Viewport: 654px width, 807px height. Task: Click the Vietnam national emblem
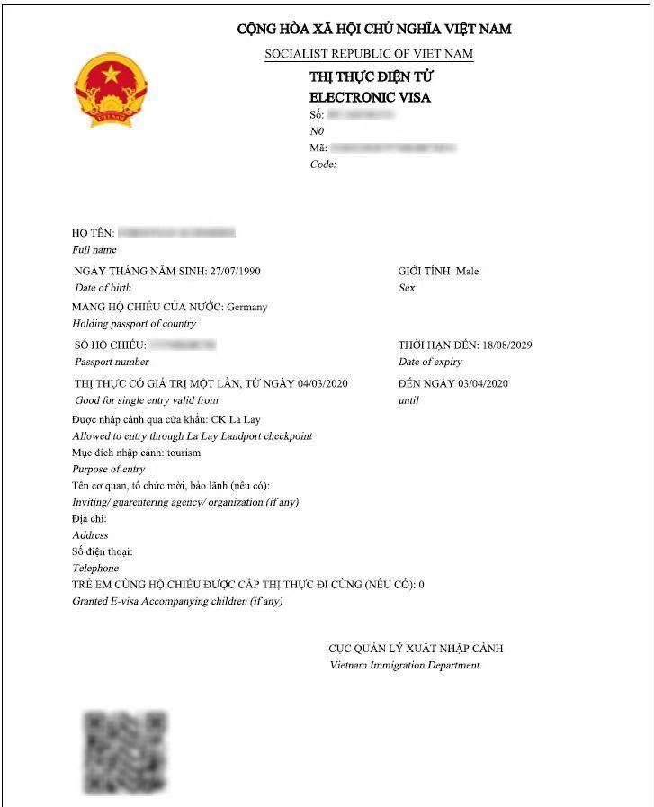[x=110, y=89]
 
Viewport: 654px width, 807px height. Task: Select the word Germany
[x=247, y=307]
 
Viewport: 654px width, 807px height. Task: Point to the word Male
[x=468, y=271]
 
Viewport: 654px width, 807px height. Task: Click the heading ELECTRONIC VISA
[x=370, y=97]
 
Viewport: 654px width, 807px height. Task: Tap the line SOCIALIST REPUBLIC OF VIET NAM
[x=369, y=54]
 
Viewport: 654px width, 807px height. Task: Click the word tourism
[x=184, y=453]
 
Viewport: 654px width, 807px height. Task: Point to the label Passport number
[x=112, y=362]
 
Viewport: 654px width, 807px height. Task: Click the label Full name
[x=94, y=249]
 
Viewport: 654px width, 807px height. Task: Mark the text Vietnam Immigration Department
[x=405, y=665]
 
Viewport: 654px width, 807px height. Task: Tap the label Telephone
[x=95, y=569]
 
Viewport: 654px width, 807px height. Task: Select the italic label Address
[x=90, y=535]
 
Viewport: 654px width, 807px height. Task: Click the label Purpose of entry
[x=108, y=469]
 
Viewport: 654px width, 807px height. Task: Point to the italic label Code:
[x=323, y=165]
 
